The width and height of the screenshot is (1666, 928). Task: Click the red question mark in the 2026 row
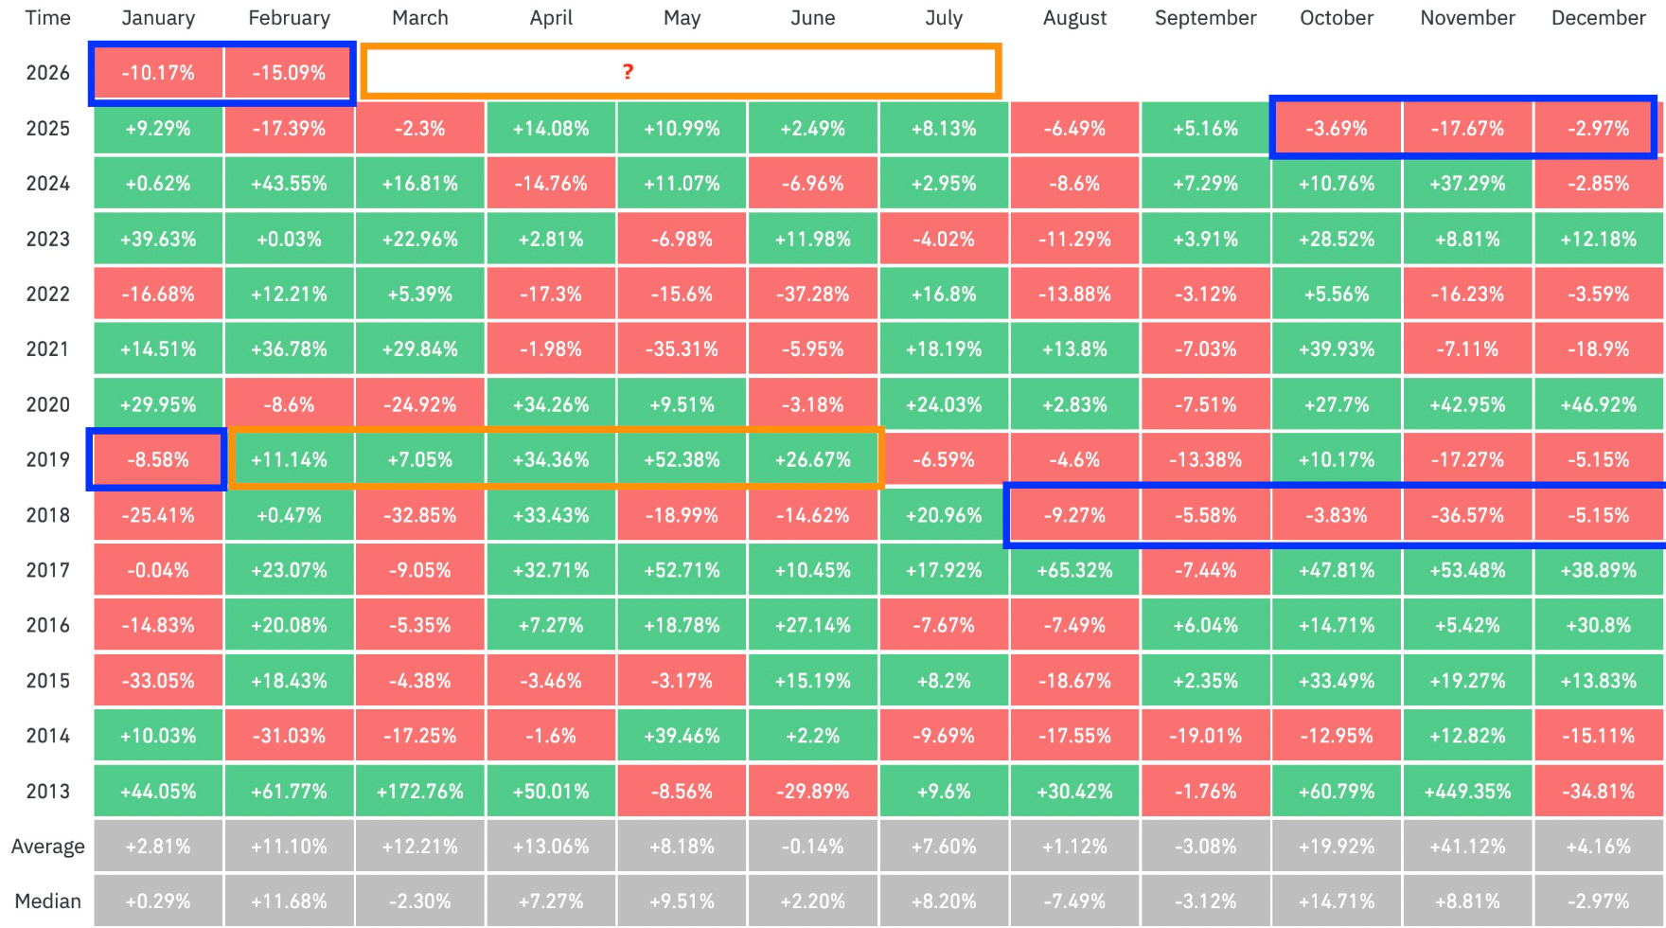tap(628, 72)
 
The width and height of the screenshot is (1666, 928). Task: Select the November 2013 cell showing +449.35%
tap(1467, 791)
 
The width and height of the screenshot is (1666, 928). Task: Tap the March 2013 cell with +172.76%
tap(420, 791)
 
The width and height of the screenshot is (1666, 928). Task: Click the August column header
tap(1074, 18)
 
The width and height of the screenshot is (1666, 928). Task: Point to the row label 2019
tap(48, 459)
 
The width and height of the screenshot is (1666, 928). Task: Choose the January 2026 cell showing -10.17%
tap(158, 73)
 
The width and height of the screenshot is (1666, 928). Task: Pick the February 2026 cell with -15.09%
tap(289, 73)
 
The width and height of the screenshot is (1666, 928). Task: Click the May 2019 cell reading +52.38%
tap(682, 459)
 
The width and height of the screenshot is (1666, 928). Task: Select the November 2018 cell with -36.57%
tap(1467, 515)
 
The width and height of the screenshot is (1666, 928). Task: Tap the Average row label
tap(48, 847)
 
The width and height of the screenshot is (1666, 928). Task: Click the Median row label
tap(48, 901)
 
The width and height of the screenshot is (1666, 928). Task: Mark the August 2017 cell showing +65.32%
tap(1074, 570)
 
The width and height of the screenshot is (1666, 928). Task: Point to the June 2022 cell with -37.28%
tap(812, 294)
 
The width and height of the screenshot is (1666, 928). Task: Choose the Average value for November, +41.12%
tap(1467, 847)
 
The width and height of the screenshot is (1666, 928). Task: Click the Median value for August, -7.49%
tap(1074, 901)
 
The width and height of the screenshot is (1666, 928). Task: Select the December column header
tap(1599, 18)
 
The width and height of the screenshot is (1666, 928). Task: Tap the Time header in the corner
tap(48, 18)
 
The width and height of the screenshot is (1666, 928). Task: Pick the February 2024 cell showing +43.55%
tap(289, 183)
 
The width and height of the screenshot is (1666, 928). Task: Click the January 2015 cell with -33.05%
tap(158, 680)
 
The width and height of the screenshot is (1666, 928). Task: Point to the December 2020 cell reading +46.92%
tap(1599, 404)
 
